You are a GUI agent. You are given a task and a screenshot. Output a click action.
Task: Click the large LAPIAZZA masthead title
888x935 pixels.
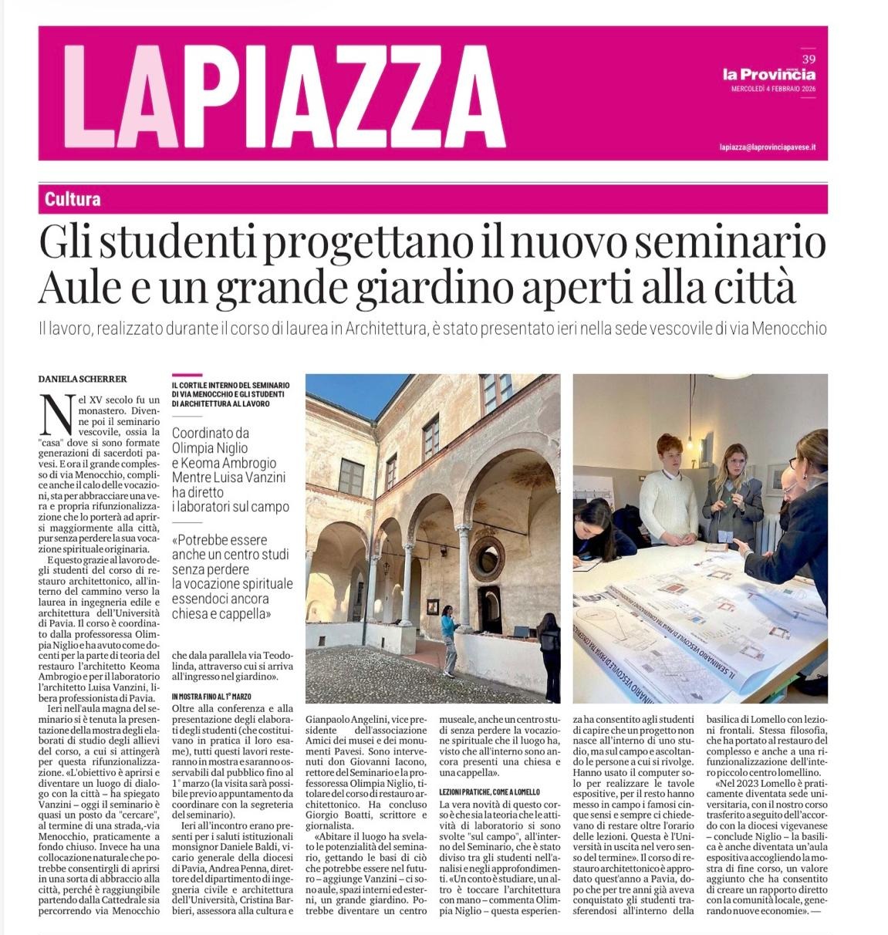284,96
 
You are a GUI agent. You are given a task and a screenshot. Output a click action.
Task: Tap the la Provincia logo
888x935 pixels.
768,74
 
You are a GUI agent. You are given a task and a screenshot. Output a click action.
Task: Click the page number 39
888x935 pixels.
809,59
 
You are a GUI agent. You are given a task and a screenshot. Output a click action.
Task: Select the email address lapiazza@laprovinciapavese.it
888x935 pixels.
767,147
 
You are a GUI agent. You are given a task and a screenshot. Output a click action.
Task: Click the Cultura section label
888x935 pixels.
73,199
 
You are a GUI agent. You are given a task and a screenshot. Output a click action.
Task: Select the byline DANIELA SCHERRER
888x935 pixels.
82,379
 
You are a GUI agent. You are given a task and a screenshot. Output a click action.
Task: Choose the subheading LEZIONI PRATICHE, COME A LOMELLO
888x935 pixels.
489,792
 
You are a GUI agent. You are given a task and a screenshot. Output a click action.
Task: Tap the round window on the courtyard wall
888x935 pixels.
487,557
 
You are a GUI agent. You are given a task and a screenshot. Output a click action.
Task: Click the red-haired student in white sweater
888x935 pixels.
667,491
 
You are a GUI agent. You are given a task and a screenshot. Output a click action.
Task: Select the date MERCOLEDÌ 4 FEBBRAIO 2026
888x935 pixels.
773,89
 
